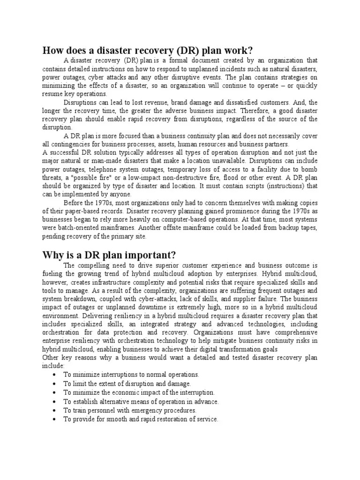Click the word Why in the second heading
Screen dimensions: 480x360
(x=53, y=255)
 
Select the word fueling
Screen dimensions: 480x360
(x=53, y=273)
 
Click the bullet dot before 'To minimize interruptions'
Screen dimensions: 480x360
(x=55, y=375)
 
